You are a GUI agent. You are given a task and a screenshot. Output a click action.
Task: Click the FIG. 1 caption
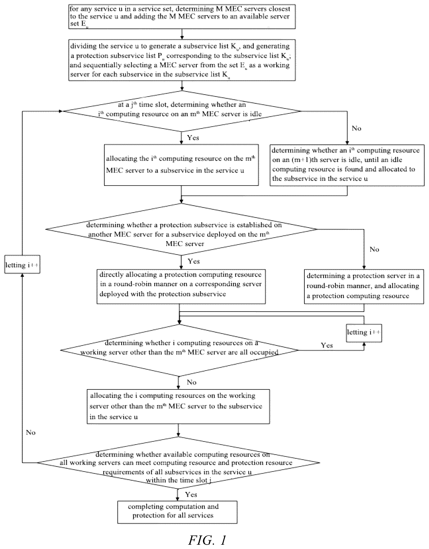pyautogui.click(x=207, y=540)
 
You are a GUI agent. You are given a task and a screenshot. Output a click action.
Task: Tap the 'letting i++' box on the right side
pyautogui.click(x=364, y=333)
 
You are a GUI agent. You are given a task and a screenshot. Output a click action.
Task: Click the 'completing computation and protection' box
pyautogui.click(x=177, y=512)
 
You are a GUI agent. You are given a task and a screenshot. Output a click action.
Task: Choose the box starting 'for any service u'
pyautogui.click(x=182, y=17)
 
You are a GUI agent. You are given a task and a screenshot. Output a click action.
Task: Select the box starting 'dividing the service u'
pyautogui.click(x=182, y=60)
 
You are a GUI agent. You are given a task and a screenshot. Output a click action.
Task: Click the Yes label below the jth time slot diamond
pyautogui.click(x=193, y=138)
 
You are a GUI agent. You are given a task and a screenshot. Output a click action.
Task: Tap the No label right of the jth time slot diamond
pyautogui.click(x=356, y=128)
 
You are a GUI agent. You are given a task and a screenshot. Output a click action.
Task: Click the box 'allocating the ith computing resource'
pyautogui.click(x=181, y=165)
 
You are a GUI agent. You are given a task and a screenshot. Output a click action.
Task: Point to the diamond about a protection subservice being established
pyautogui.click(x=181, y=229)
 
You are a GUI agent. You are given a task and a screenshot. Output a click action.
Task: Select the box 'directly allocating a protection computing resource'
pyautogui.click(x=181, y=286)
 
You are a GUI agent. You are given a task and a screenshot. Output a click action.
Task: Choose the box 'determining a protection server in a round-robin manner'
pyautogui.click(x=364, y=286)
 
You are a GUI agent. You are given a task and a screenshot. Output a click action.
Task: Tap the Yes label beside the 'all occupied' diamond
pyautogui.click(x=327, y=345)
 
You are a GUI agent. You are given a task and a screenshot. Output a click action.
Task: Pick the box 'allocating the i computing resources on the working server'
pyautogui.click(x=178, y=407)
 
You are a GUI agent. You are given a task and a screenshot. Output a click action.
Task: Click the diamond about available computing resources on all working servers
pyautogui.click(x=178, y=463)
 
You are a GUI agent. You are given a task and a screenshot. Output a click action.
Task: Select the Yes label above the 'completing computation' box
pyautogui.click(x=191, y=494)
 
